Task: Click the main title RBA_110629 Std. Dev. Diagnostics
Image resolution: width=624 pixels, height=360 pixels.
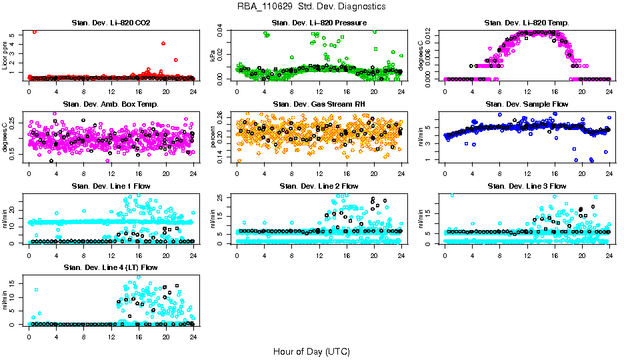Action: point(311,7)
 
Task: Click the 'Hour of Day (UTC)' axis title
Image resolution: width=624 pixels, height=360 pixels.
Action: point(311,351)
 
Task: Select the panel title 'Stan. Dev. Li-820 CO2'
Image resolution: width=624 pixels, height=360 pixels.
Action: point(111,23)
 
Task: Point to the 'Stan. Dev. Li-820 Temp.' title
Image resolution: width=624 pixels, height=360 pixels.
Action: point(527,23)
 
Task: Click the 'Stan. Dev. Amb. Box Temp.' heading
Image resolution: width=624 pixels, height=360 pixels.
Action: point(111,104)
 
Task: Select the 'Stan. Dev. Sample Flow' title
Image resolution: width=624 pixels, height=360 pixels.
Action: point(527,104)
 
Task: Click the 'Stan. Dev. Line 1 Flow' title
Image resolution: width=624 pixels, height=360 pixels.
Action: point(111,186)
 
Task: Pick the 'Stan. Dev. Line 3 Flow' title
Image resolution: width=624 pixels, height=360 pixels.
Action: point(527,186)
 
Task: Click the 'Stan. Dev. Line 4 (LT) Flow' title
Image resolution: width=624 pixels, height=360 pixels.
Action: point(111,267)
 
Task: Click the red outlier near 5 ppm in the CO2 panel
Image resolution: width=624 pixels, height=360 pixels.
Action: point(35,31)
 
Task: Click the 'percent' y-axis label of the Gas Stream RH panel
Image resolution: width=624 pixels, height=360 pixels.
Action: point(213,136)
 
